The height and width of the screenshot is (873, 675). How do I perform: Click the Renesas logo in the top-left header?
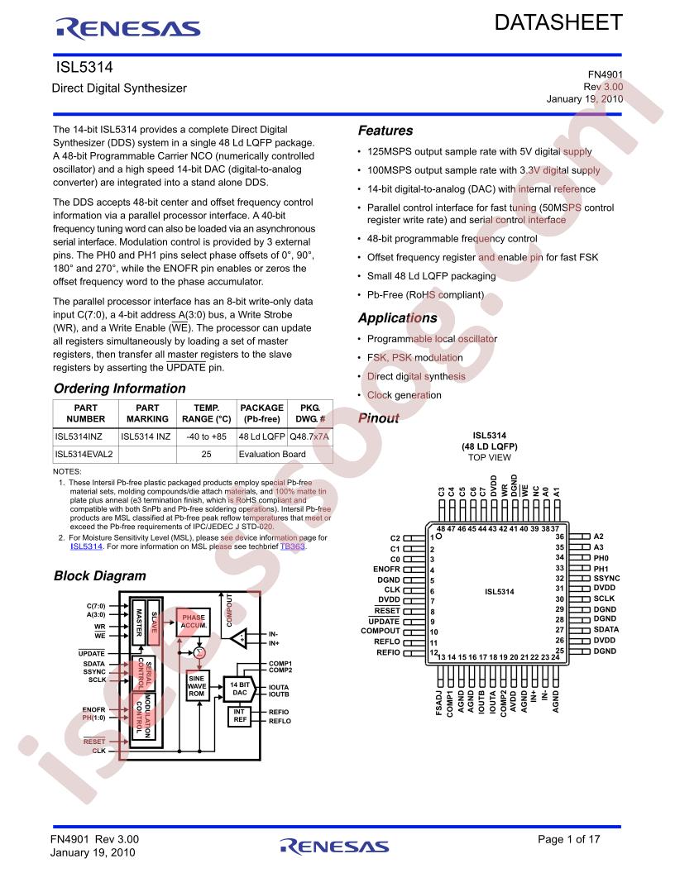tap(127, 28)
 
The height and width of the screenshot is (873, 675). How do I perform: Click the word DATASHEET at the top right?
tap(558, 23)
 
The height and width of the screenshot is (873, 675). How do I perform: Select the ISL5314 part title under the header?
tap(84, 67)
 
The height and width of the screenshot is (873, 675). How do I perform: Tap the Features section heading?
tap(385, 131)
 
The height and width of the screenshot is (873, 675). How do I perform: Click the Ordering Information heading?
tap(120, 389)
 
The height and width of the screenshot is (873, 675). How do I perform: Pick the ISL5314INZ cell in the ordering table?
tap(79, 436)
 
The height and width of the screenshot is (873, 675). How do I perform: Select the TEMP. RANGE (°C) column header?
tap(206, 413)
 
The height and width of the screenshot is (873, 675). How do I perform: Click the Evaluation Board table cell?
tap(272, 455)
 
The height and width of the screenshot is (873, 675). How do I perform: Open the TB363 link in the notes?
tap(292, 546)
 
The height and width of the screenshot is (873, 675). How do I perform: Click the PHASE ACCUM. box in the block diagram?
tap(194, 622)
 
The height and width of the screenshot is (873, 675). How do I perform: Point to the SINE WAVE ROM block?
tap(197, 686)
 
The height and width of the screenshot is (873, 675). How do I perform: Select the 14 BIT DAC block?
tap(240, 689)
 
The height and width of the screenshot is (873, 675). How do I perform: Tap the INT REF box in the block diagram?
tap(240, 716)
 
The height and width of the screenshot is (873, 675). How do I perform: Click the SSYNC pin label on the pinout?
tap(606, 579)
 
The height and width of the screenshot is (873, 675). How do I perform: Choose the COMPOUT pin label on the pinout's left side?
tap(381, 631)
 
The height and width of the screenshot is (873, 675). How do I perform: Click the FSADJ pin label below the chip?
tap(439, 703)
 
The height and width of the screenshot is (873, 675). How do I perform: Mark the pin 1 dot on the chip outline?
tap(439, 537)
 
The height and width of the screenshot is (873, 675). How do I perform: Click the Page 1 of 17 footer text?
tap(568, 839)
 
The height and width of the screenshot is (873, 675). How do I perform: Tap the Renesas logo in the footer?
tap(334, 846)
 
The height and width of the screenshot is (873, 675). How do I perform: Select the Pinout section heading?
tap(379, 418)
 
